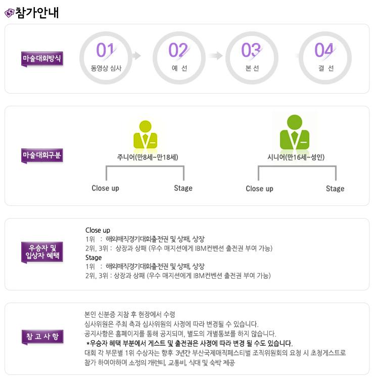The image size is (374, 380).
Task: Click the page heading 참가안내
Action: (x=37, y=13)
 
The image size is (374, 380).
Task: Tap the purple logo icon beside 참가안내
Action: (x=10, y=13)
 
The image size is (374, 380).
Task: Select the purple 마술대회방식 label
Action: (x=42, y=59)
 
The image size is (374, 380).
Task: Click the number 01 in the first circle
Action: (x=105, y=50)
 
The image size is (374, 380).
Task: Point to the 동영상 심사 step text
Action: (x=106, y=68)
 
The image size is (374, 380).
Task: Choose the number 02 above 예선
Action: (x=178, y=50)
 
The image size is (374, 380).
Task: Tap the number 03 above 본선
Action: (x=251, y=50)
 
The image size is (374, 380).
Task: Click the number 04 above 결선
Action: (x=324, y=50)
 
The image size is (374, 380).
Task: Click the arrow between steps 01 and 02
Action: (x=137, y=56)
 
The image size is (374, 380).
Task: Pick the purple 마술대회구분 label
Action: (x=42, y=155)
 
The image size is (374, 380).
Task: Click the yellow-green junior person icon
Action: (x=145, y=134)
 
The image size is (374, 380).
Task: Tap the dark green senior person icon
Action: (x=295, y=132)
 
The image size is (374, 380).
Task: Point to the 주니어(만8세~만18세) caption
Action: (x=148, y=157)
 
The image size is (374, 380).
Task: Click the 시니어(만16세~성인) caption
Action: (x=296, y=157)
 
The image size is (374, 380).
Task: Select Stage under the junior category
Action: (x=183, y=188)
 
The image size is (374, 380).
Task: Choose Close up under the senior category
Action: (x=259, y=189)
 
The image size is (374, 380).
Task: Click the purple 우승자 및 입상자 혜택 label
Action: (x=42, y=252)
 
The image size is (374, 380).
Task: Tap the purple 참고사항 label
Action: (x=42, y=337)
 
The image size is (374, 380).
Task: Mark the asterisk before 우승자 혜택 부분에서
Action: (x=88, y=343)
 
